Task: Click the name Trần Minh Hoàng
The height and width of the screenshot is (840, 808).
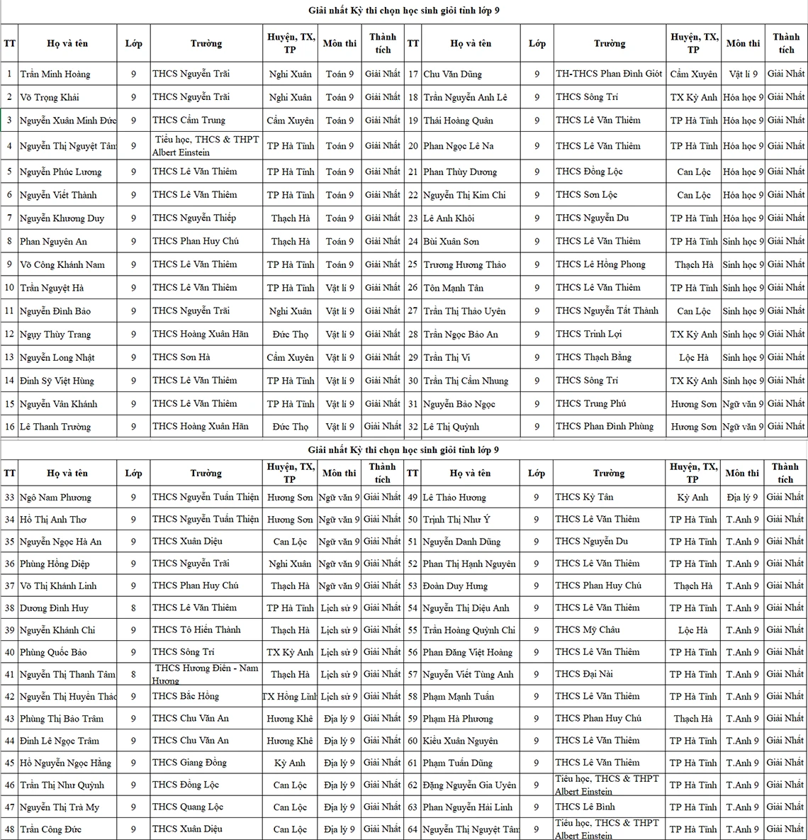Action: click(x=55, y=74)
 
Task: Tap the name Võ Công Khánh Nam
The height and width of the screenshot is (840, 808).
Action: click(x=62, y=264)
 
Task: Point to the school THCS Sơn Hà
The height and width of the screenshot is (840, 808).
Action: click(x=181, y=357)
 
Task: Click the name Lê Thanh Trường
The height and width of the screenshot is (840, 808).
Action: click(x=55, y=427)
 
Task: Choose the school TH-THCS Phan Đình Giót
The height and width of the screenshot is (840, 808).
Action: click(x=609, y=74)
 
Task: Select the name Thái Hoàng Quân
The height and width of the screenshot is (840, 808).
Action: click(x=459, y=121)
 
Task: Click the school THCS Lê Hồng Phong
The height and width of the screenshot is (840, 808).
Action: click(x=601, y=264)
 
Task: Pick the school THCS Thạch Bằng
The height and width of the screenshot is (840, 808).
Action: click(x=594, y=357)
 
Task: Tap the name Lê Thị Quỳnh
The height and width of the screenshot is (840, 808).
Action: click(x=451, y=427)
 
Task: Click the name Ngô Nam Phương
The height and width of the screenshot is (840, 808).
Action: click(x=55, y=498)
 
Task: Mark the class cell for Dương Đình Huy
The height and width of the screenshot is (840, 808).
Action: click(x=133, y=608)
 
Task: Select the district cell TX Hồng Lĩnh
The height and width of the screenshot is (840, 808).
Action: click(x=290, y=697)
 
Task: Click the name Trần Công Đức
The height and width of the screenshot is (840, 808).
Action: click(x=51, y=829)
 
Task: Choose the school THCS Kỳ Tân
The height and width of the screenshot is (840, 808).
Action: click(x=585, y=498)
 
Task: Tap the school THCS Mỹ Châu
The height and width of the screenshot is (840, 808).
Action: click(x=588, y=630)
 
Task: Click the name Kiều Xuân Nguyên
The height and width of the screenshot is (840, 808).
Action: click(x=461, y=741)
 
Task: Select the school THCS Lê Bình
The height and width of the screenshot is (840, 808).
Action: click(x=585, y=807)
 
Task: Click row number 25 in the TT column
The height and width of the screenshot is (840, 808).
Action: click(x=413, y=264)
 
